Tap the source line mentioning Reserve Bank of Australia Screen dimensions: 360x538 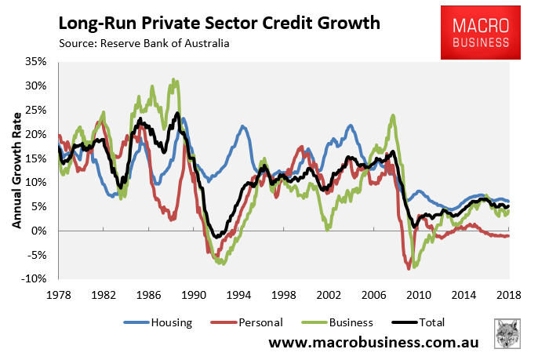[145, 44]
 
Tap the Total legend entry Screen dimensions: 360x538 [425, 322]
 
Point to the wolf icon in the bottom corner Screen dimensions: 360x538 [509, 335]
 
